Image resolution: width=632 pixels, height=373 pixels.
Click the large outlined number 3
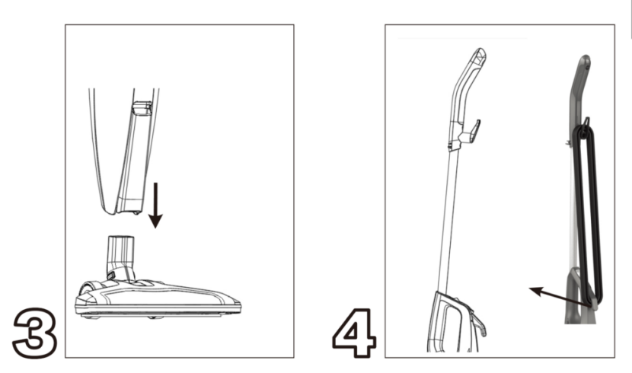coord(34,333)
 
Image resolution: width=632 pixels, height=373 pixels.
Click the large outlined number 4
coord(355,333)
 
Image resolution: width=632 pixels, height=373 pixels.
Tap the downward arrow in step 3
coord(155,206)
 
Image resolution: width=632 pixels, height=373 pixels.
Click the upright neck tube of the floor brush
coord(120,253)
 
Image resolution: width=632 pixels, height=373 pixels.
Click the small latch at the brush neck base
coord(112,275)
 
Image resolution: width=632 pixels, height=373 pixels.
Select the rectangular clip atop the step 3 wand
coord(142,109)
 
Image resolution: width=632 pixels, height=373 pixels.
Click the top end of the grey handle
coord(585,61)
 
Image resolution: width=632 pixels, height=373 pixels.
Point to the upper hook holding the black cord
coord(586,122)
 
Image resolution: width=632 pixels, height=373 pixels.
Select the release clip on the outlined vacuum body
coord(479,324)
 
